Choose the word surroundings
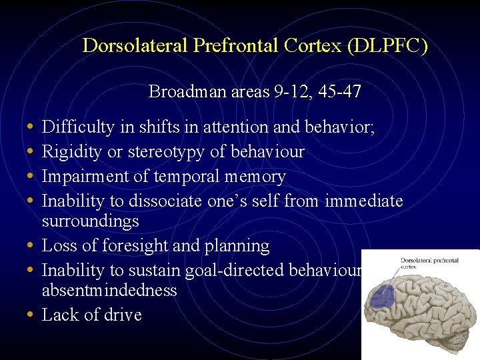(90, 221)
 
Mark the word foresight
(135, 245)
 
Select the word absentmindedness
(109, 290)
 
